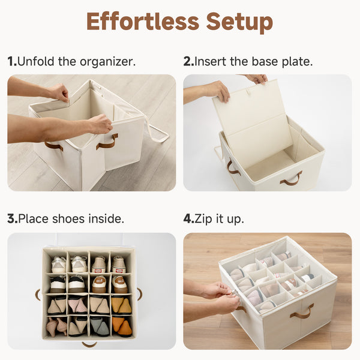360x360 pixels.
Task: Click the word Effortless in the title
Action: (x=142, y=22)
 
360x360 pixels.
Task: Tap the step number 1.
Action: (x=11, y=61)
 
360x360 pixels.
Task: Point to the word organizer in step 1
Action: (x=111, y=61)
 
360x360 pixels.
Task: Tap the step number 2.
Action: (x=187, y=61)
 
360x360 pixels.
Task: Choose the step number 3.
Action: (x=11, y=219)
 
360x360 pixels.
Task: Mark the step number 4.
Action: (x=187, y=219)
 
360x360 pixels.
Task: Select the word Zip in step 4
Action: (x=205, y=219)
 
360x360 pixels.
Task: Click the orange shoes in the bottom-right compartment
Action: (x=123, y=327)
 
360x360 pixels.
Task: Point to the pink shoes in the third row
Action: (x=77, y=305)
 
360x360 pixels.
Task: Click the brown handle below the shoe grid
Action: (x=89, y=344)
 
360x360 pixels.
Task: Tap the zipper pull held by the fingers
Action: (x=235, y=292)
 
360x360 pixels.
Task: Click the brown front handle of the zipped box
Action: (x=302, y=311)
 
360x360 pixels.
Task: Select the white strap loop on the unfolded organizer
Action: (x=158, y=133)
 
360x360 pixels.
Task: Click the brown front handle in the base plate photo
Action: (x=291, y=178)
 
